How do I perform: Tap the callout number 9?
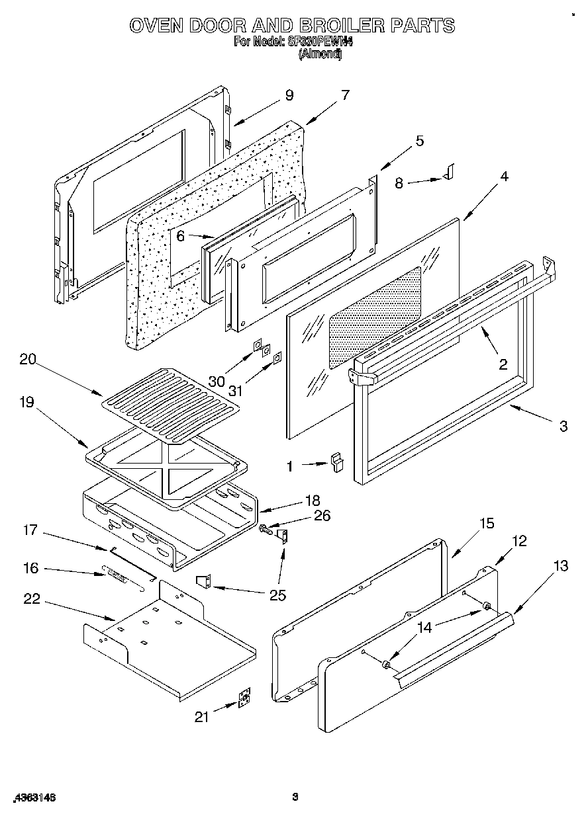tap(289, 95)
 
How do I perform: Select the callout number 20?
tap(27, 360)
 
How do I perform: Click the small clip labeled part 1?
tap(338, 461)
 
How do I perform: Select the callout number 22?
tap(31, 599)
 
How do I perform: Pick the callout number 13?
tap(561, 565)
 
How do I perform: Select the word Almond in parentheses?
tap(320, 55)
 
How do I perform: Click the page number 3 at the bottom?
tap(296, 797)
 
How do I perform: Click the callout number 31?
tap(236, 391)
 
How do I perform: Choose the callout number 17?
tap(31, 530)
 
